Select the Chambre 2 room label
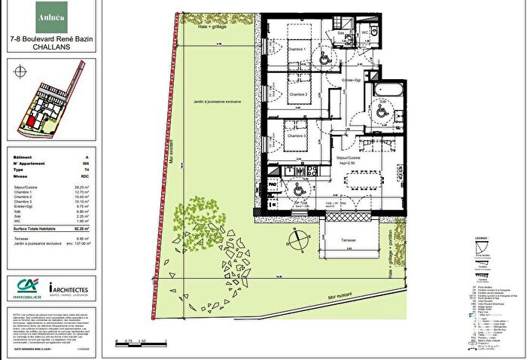click(300, 95)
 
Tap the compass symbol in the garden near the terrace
click(300, 240)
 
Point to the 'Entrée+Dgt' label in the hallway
click(351, 80)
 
